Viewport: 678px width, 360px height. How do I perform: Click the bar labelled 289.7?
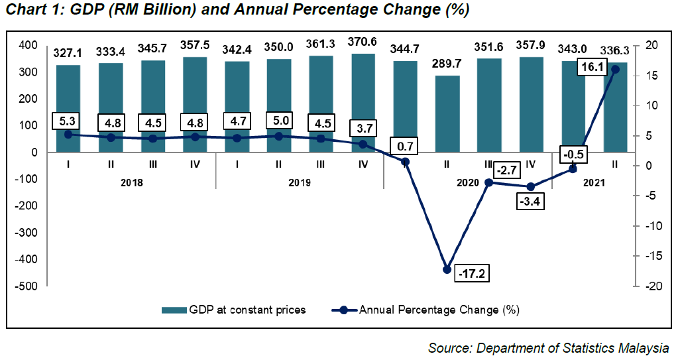click(447, 113)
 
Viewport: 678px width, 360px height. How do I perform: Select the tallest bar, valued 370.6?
click(363, 103)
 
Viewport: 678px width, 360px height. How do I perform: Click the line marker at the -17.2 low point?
click(447, 269)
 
